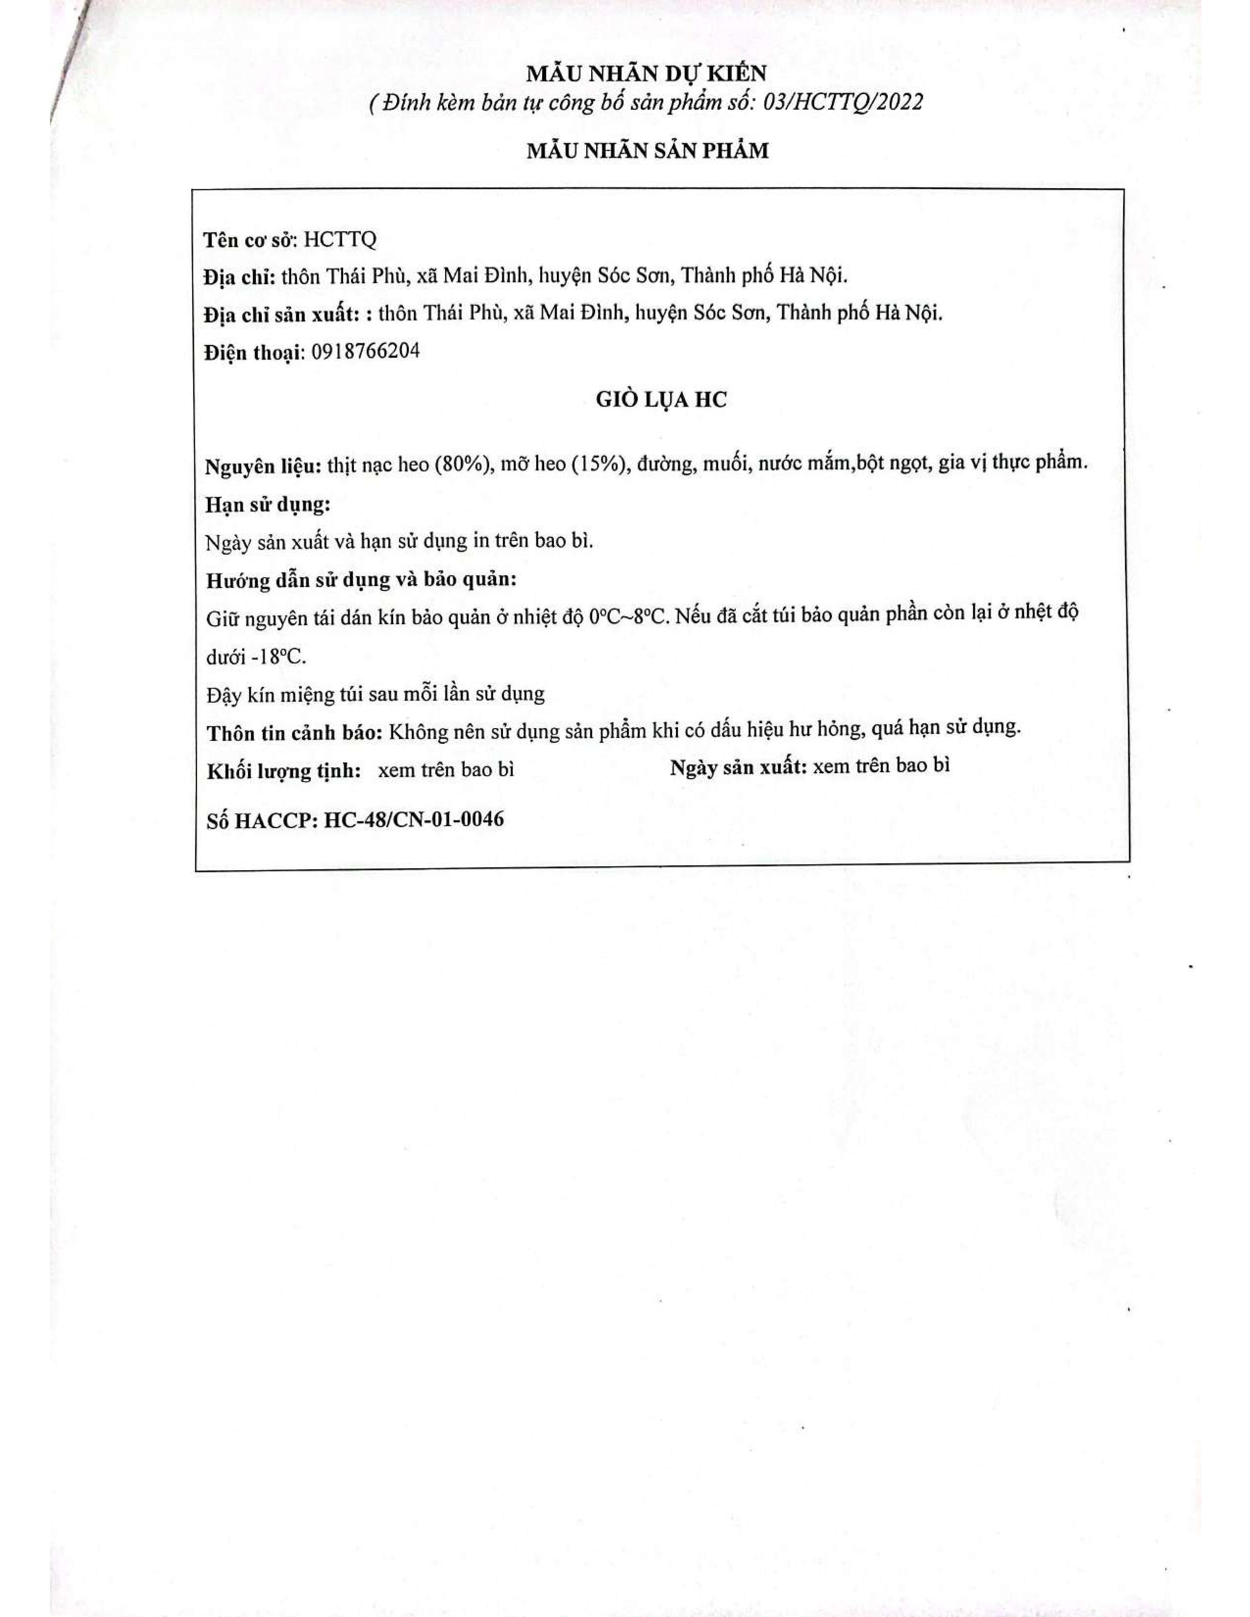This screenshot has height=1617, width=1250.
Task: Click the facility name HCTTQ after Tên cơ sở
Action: point(340,240)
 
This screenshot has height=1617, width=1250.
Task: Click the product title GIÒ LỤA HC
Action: point(661,400)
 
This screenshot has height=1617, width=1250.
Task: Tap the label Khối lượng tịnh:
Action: point(284,771)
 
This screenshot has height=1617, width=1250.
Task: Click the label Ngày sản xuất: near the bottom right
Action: point(738,768)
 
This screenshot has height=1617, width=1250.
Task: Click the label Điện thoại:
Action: point(254,352)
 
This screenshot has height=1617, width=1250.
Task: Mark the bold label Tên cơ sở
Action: point(250,241)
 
